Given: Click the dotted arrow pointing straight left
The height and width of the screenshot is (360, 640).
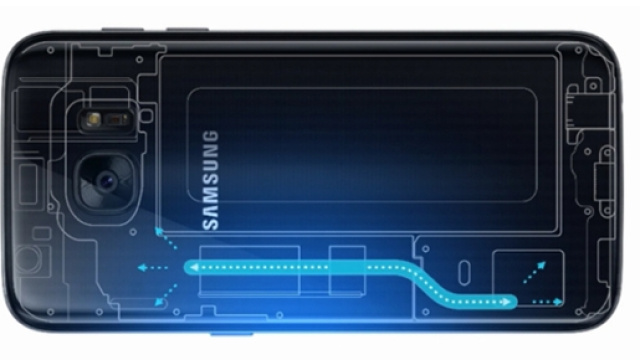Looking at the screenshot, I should [x=153, y=268].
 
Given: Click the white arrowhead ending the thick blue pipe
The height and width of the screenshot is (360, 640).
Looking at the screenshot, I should [x=509, y=301].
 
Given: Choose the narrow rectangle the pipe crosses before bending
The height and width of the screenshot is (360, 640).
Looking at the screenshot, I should [x=346, y=268].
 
